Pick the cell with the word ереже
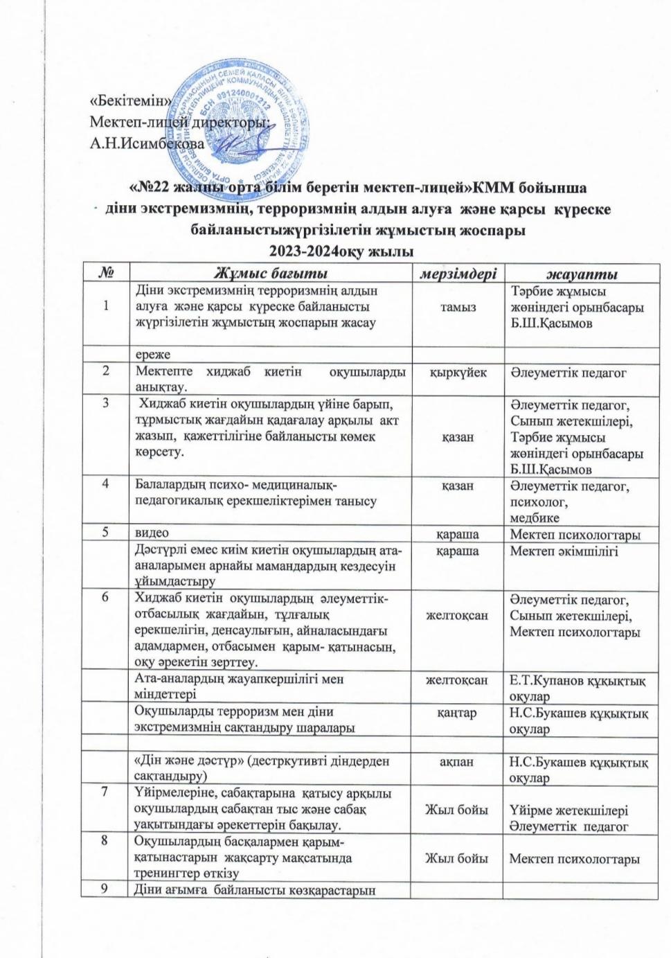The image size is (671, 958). (152, 354)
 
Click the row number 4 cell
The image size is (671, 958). (106, 486)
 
